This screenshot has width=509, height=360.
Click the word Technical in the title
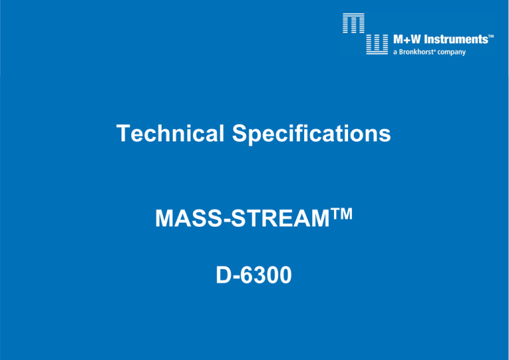coord(170,133)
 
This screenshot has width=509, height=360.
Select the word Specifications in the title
coord(311,135)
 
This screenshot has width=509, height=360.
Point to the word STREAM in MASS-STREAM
coord(280,218)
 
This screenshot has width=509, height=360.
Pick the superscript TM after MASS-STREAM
coord(341,214)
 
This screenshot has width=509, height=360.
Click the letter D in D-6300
coord(223,275)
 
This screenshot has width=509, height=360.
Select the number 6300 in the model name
coord(266,275)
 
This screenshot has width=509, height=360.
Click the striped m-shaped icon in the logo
coord(353,23)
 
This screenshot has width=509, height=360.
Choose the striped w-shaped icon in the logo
coord(377,44)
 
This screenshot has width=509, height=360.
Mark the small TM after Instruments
coord(491,36)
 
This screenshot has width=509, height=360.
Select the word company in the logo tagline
coord(451,52)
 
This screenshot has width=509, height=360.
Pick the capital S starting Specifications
coord(240,133)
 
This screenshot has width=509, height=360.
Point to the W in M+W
coord(416,40)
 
